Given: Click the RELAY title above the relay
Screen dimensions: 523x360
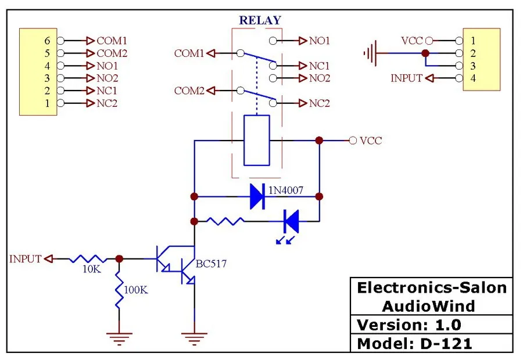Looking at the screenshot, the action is point(260,20).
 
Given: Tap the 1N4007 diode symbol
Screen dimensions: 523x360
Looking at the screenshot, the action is point(257,197).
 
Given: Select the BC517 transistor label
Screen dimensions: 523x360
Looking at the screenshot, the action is point(211,264).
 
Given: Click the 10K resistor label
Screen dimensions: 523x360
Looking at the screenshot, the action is point(92,269).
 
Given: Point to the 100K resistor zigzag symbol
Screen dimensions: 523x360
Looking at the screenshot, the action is point(119,289).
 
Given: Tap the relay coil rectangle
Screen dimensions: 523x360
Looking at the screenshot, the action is point(257,141).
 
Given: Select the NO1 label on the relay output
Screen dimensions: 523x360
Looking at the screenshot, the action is point(320,41).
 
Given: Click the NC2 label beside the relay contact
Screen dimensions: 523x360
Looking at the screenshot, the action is point(320,103).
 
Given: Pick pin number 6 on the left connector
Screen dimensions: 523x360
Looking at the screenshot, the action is point(47,41).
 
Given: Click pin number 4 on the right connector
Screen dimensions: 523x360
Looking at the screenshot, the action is point(473,78).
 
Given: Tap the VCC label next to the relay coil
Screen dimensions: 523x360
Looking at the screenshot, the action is point(371,141).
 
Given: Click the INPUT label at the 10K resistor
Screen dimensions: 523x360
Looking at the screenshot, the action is point(26,258).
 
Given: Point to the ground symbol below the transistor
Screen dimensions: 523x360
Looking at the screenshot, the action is point(194,339).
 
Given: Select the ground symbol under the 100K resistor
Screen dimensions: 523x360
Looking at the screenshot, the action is point(119,339).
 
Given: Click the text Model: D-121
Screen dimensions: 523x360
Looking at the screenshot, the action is point(414,344).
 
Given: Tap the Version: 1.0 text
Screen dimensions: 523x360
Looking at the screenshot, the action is point(409,325).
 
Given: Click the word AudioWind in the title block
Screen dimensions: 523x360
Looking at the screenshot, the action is point(429,306).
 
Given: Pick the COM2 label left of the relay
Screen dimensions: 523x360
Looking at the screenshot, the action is point(189,91).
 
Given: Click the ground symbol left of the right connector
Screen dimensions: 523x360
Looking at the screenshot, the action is point(370,53).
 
